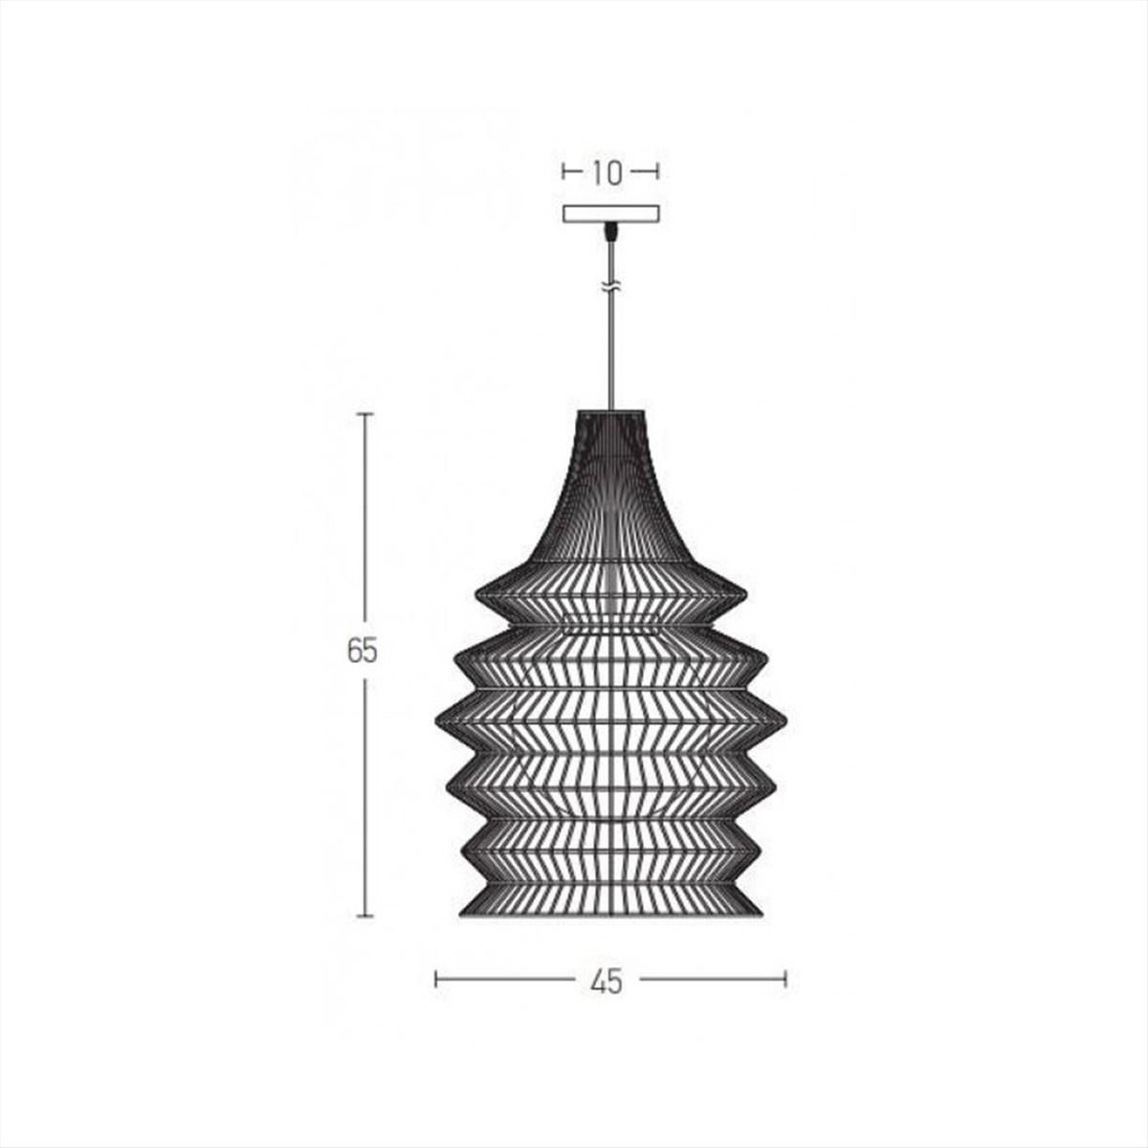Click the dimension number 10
pos(607,173)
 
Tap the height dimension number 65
pos(363,651)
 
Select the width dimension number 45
pos(607,980)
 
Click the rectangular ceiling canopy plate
pos(610,214)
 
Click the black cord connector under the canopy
pos(609,232)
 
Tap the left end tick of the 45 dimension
pos(436,979)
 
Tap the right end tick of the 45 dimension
pos(785,979)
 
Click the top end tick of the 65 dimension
pos(364,413)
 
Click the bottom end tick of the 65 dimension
pos(364,933)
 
